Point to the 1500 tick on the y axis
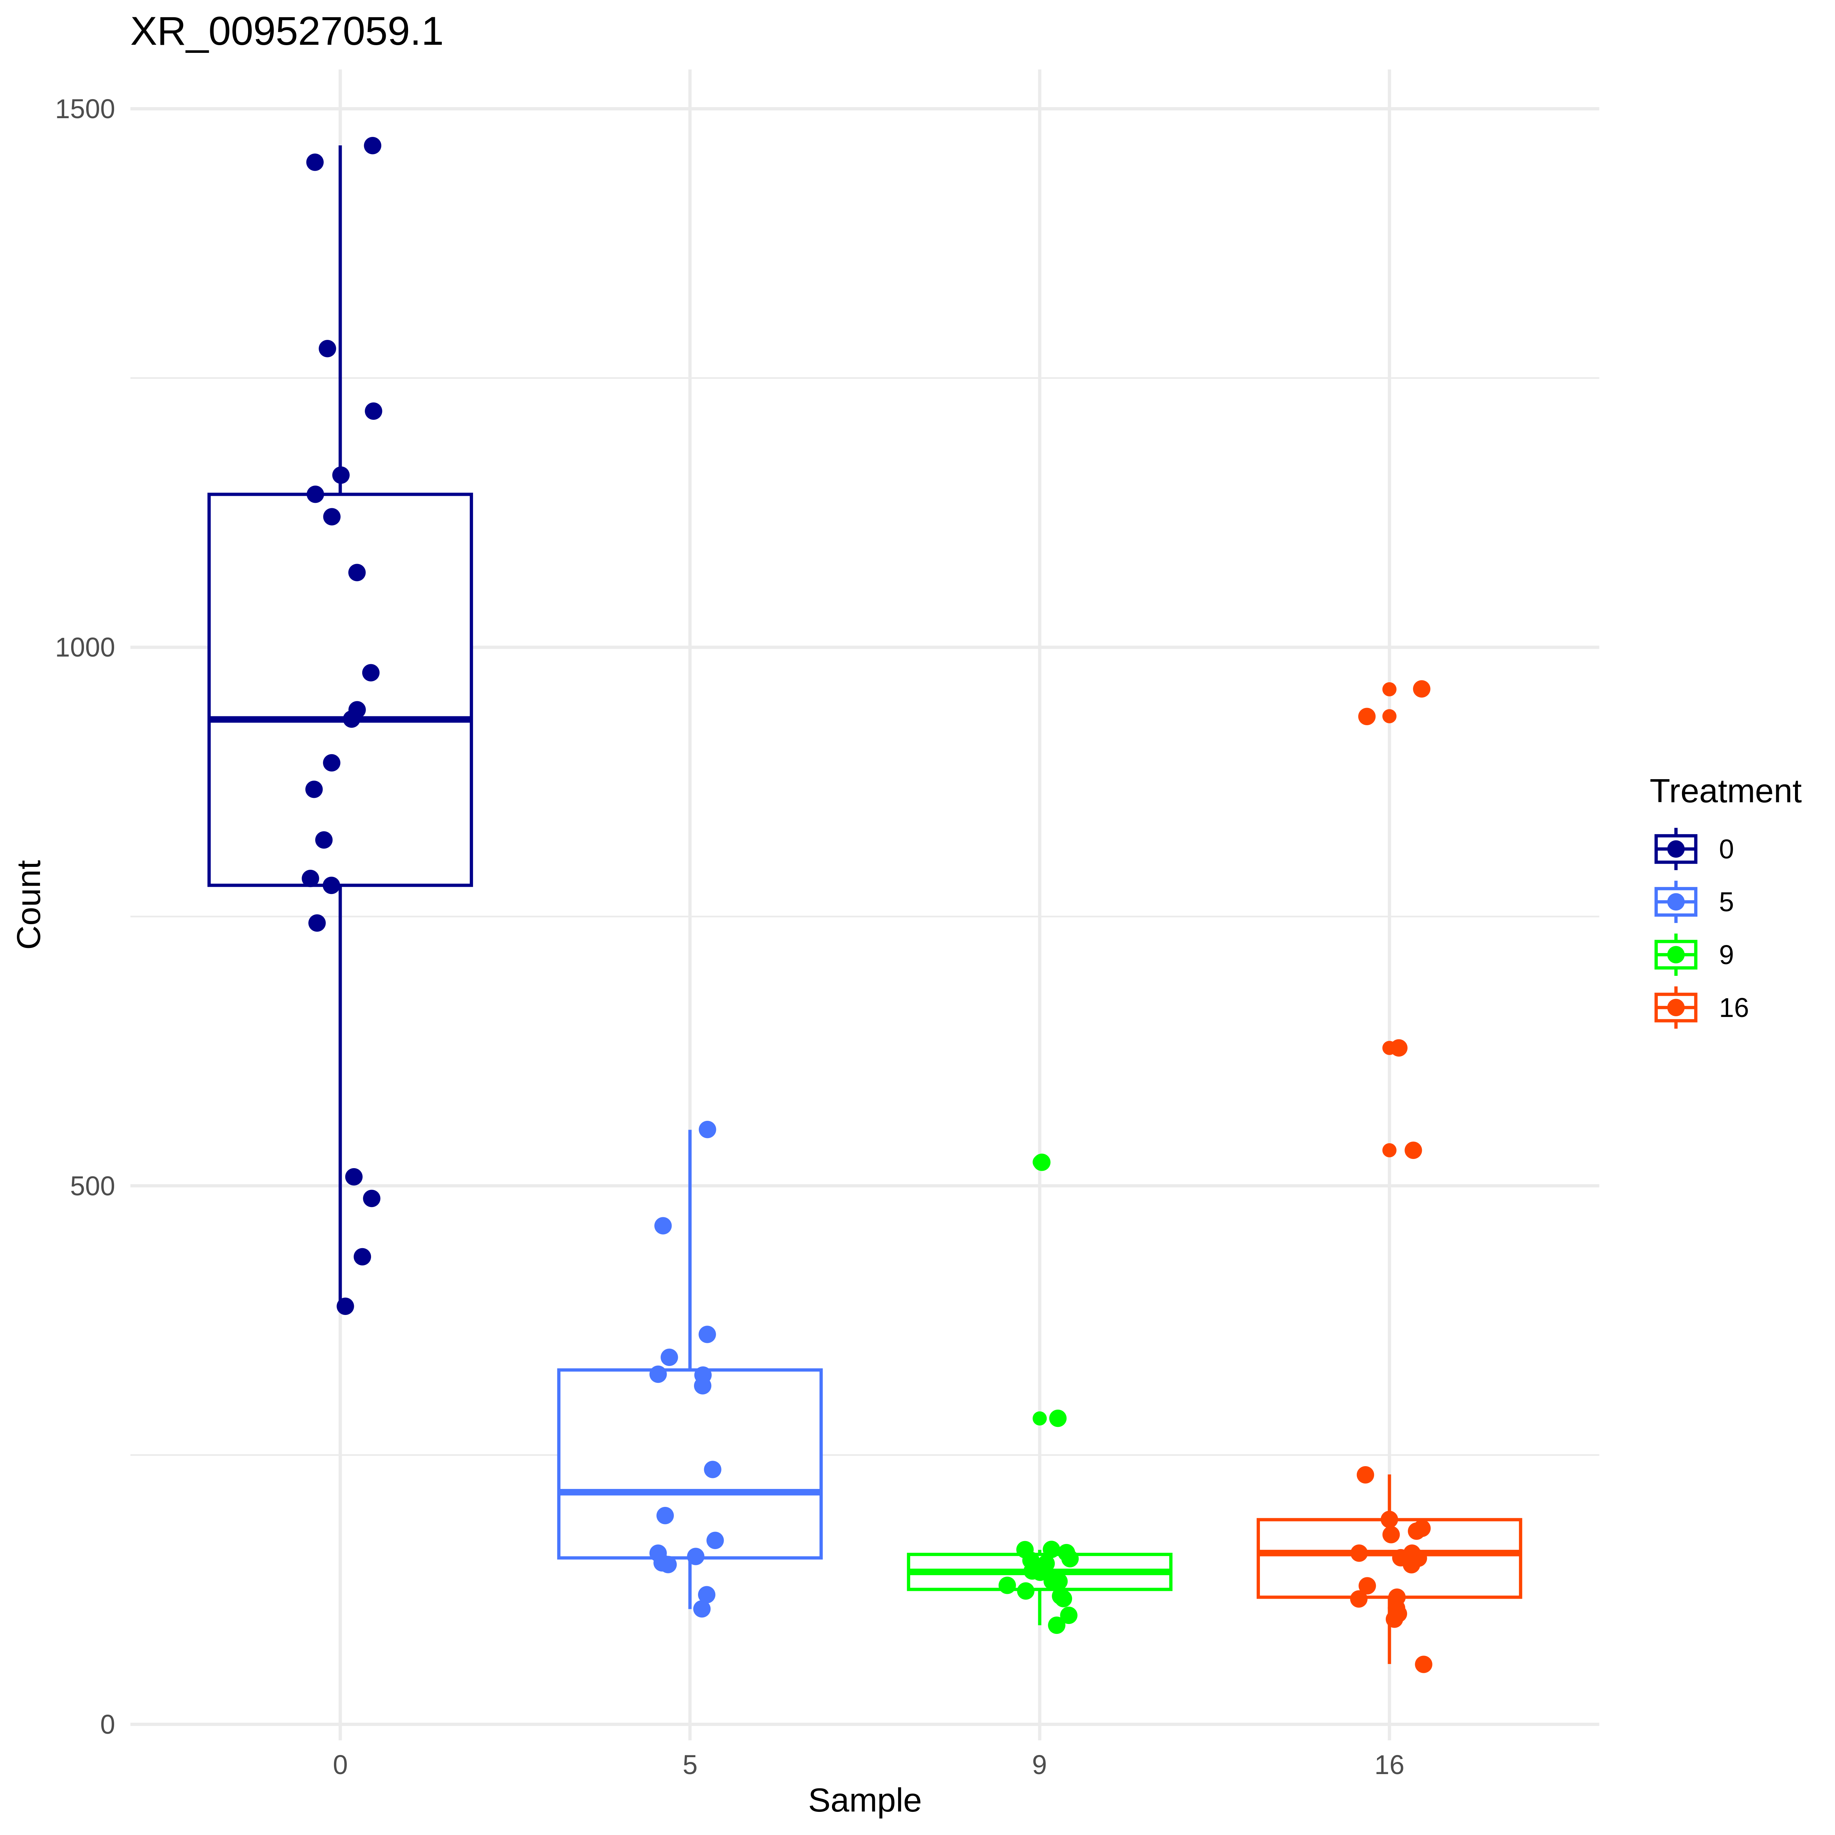coord(84,109)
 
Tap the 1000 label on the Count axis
coord(84,648)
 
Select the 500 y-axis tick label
coord(92,1186)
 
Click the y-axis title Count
coord(29,904)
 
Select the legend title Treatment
coord(1725,791)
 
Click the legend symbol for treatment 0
coord(1675,849)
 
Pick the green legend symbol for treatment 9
coord(1675,955)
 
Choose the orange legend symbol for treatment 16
coord(1675,1008)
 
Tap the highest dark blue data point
coord(372,145)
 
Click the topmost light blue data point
coord(708,1129)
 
